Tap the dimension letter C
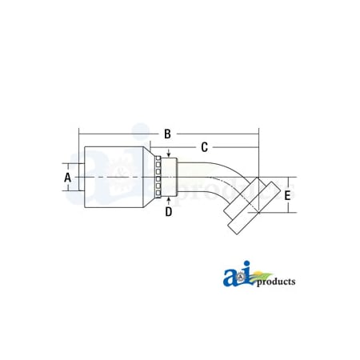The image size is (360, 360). click(205, 147)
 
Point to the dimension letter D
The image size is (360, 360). click(168, 211)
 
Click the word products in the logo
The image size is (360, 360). click(275, 282)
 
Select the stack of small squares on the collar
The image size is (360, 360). click(160, 177)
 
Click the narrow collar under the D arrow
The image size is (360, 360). click(168, 177)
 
